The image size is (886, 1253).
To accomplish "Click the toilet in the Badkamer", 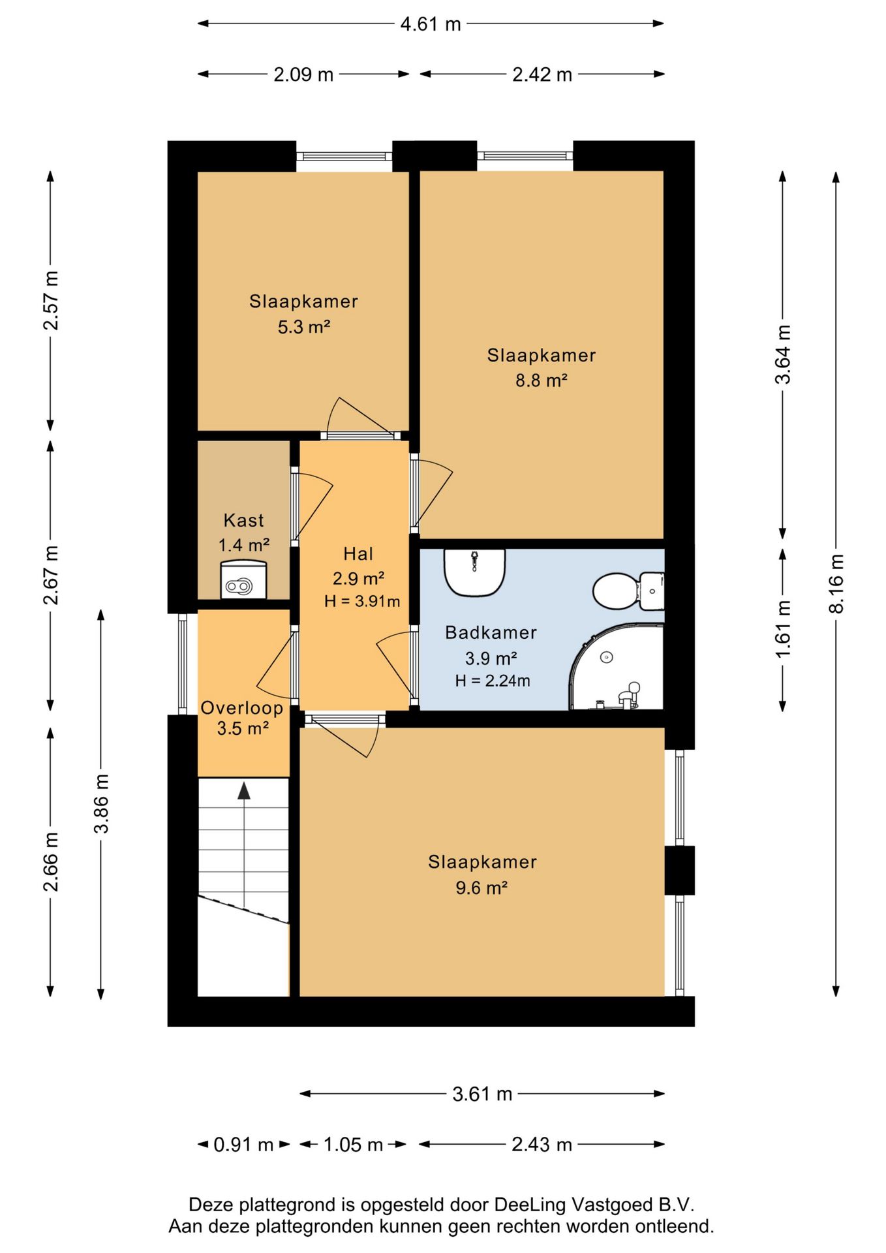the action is click(x=628, y=591).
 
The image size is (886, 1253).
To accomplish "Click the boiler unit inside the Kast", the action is click(x=243, y=580).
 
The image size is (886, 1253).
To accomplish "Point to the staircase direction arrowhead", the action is click(x=244, y=790).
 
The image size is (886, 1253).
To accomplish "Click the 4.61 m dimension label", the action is click(x=431, y=24).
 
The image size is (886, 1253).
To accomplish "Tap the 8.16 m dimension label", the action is click(x=836, y=583).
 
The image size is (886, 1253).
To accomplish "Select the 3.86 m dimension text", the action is click(x=101, y=804).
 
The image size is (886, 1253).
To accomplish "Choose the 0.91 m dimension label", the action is click(x=243, y=1144).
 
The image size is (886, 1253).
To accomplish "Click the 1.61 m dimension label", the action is click(x=783, y=628).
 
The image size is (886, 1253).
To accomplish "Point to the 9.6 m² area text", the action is click(x=481, y=888).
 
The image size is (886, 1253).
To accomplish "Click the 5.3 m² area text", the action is click(x=304, y=326).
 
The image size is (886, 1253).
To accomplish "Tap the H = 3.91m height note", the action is click(x=362, y=601).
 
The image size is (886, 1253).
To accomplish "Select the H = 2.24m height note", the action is click(x=493, y=681).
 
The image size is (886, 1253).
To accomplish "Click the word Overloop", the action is click(x=242, y=708).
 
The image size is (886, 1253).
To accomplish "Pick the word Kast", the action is click(x=244, y=520).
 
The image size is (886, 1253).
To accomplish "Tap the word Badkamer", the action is click(x=491, y=632).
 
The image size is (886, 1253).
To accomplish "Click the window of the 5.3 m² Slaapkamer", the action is click(x=344, y=156).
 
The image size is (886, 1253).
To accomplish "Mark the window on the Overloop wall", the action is click(x=183, y=664).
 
